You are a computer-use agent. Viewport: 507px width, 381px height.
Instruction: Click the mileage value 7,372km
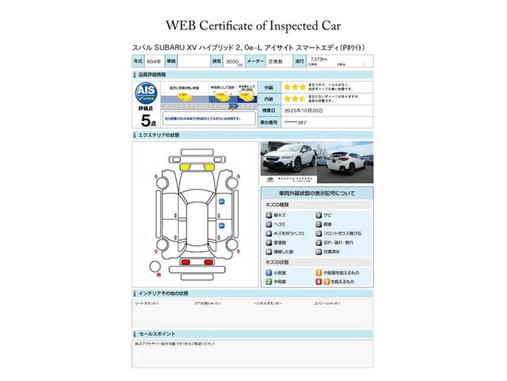point(318,59)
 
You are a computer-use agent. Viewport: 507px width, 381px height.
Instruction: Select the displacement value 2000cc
point(233,60)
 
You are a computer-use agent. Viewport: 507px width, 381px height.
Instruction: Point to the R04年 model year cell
point(154,60)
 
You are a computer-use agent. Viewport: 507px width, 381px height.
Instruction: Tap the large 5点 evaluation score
point(147,121)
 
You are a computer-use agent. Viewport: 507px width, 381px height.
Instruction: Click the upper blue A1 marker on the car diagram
point(222,202)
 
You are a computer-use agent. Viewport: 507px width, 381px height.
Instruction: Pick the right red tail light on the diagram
point(208,261)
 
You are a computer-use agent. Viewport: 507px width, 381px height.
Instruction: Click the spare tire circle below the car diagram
point(159,274)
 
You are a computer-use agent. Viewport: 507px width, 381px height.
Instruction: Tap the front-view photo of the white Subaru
point(288,159)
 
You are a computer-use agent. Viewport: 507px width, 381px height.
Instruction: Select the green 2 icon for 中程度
point(269,281)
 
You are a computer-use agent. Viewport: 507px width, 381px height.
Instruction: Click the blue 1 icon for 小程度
point(269,272)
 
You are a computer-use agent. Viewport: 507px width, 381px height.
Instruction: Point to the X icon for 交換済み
point(318,251)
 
